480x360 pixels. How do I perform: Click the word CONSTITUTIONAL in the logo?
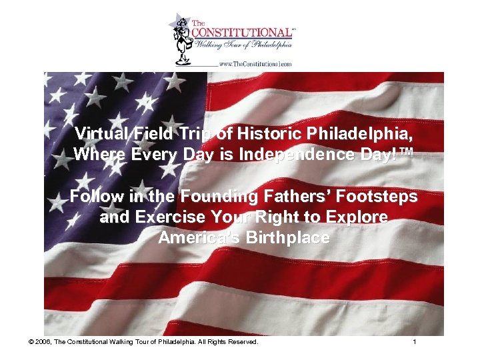[x=241, y=32]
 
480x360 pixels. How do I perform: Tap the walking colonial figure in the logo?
[x=181, y=39]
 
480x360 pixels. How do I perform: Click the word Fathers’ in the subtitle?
[x=285, y=197]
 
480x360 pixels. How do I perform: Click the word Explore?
[x=354, y=218]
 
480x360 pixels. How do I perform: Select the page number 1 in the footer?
[x=415, y=342]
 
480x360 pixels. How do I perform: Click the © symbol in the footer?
[x=31, y=342]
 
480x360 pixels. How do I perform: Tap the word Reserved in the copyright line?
[x=243, y=342]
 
